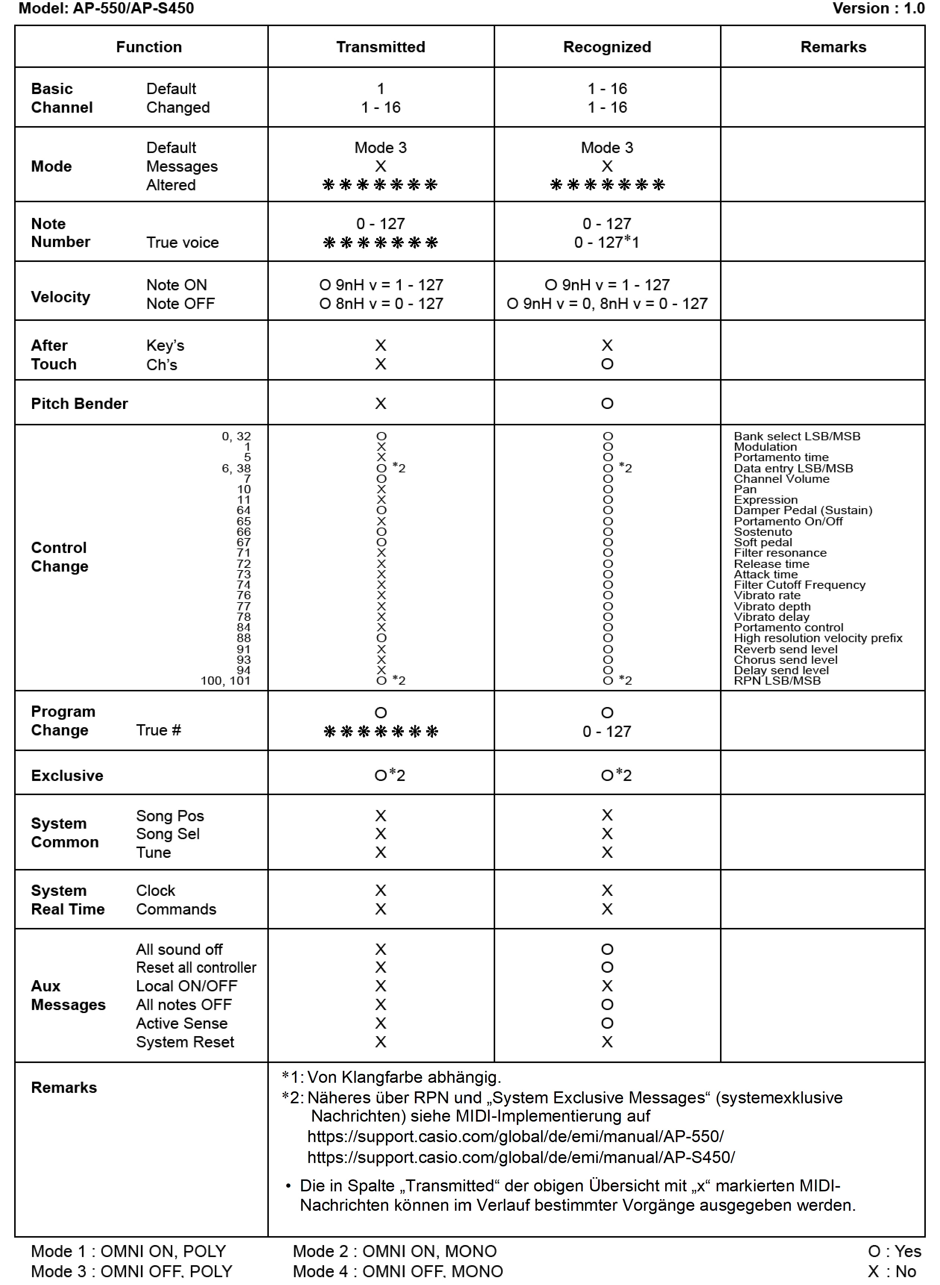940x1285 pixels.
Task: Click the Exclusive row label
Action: [67, 775]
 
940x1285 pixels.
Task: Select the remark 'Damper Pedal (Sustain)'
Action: [802, 510]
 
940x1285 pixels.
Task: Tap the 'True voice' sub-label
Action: [182, 243]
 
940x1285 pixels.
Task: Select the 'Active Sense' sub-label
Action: [182, 1023]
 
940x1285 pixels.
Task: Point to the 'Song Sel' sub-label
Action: [167, 834]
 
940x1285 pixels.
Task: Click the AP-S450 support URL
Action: [521, 1157]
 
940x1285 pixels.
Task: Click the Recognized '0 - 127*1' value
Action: [607, 243]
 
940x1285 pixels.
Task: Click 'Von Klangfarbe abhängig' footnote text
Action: [403, 1077]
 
